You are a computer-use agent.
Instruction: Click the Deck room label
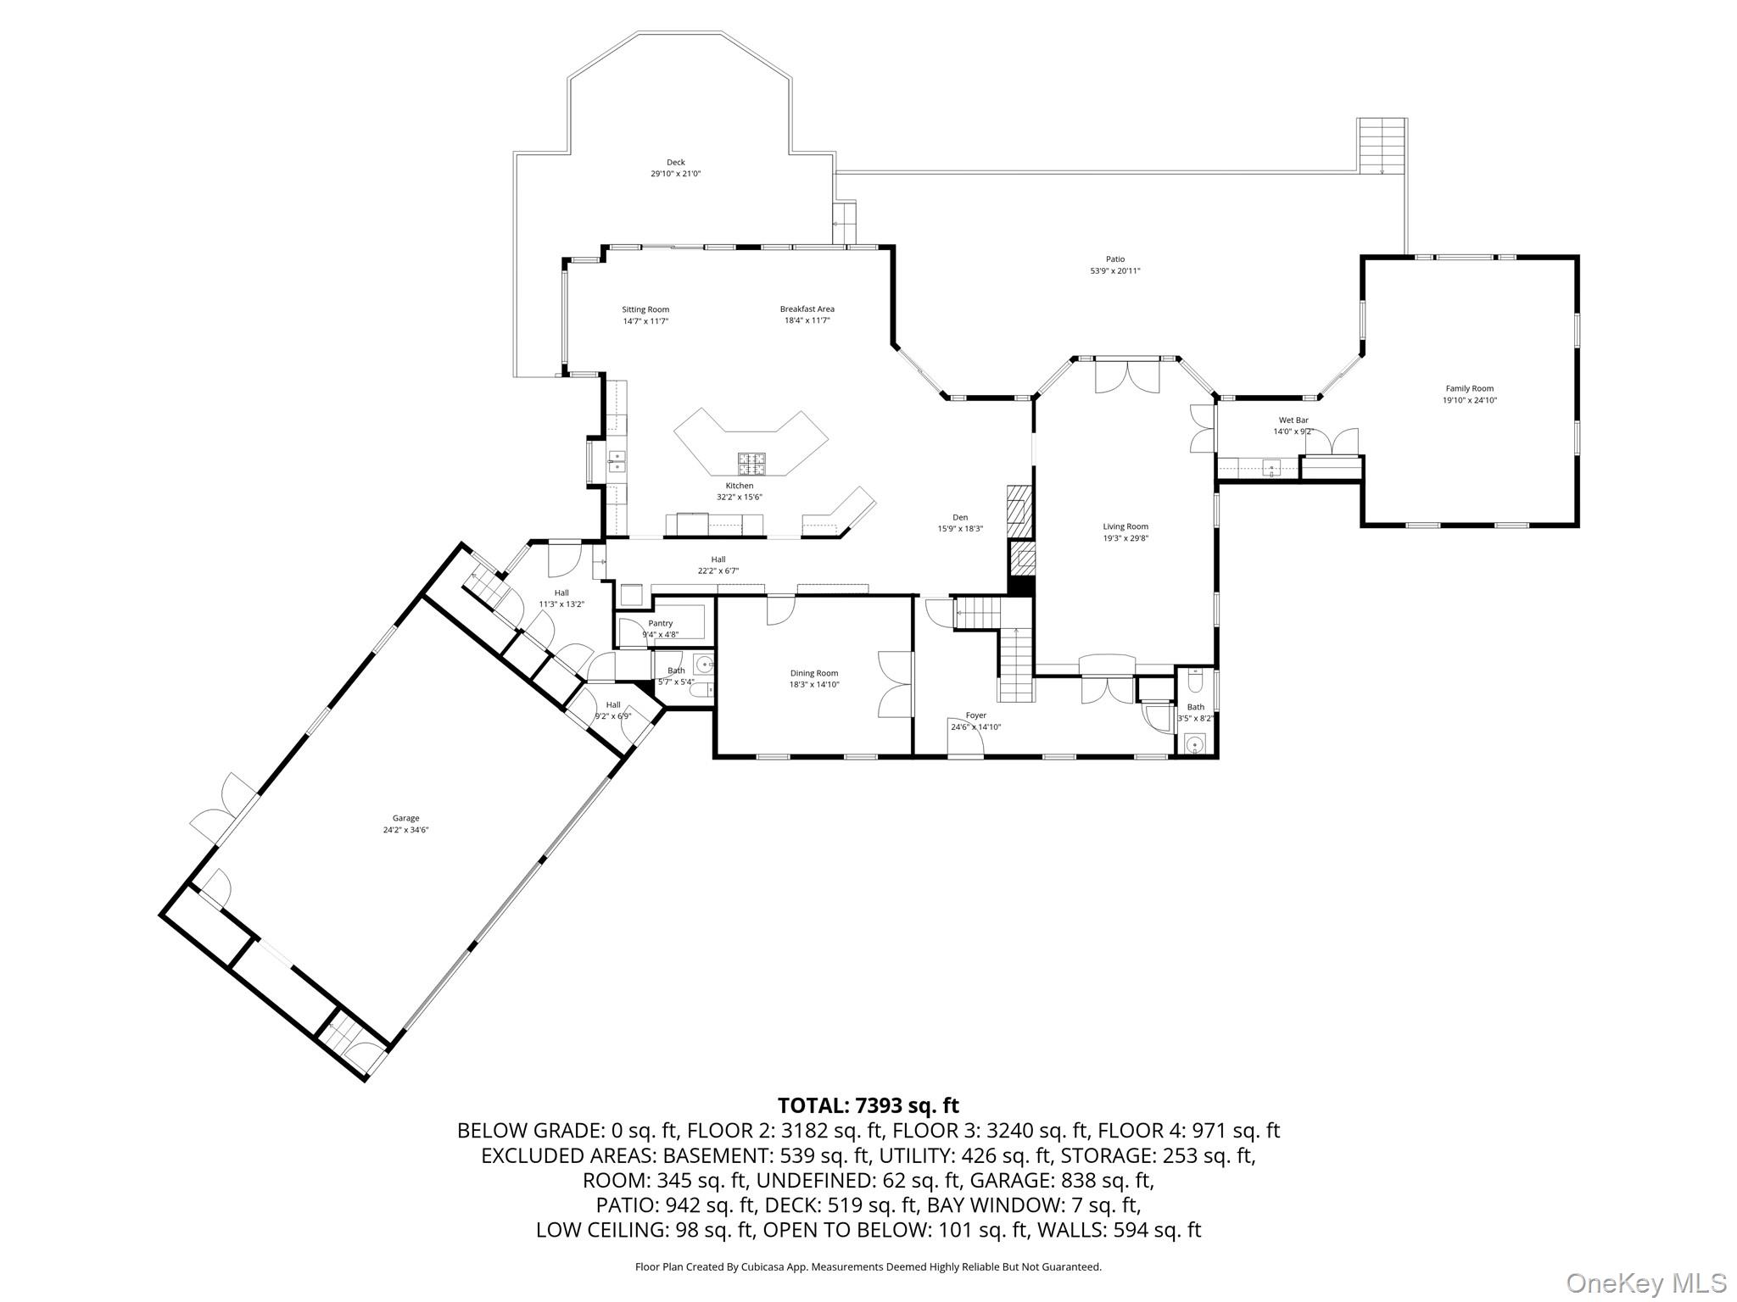coord(675,163)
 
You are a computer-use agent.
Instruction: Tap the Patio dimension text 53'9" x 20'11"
coord(1114,271)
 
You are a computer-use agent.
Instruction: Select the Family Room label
coord(1469,389)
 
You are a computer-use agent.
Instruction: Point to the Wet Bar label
coord(1293,420)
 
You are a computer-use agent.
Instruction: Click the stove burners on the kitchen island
coord(751,464)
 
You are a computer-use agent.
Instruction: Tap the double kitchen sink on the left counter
coord(617,461)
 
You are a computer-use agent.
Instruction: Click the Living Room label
coord(1125,526)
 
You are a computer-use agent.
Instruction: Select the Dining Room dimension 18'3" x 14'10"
coord(814,685)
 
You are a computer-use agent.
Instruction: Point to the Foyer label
coord(975,715)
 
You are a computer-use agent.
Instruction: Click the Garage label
coord(405,818)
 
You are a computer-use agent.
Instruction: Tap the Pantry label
coord(660,623)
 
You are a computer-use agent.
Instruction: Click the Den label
coord(959,517)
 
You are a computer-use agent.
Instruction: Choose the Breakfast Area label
coord(807,309)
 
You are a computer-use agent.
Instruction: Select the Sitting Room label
coord(645,309)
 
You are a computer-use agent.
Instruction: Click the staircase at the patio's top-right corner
coord(1382,146)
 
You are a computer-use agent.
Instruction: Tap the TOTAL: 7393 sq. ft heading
coord(868,1105)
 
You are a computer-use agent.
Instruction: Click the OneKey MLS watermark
coord(1645,1283)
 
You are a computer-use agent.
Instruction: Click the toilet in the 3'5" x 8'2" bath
coord(1195,681)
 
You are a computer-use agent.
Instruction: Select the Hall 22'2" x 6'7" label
coord(718,559)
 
